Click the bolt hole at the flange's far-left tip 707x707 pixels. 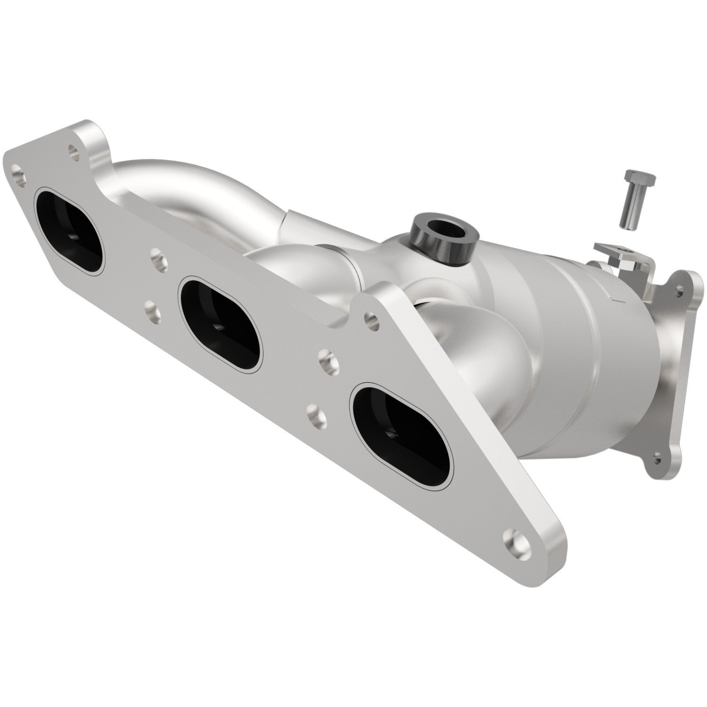pyautogui.click(x=18, y=168)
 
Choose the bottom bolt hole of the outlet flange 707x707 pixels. pyautogui.click(x=658, y=457)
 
